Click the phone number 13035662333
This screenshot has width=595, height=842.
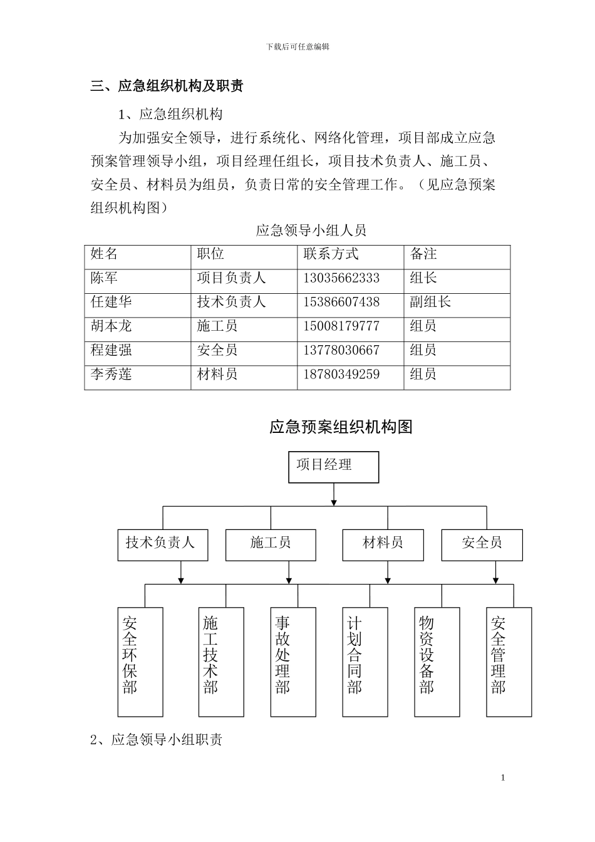point(341,278)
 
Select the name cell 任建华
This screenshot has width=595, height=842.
point(111,302)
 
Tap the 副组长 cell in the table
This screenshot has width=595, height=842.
point(430,302)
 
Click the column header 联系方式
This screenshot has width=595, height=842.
point(331,254)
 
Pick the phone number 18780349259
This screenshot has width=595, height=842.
point(341,375)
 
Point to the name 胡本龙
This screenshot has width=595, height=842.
point(111,326)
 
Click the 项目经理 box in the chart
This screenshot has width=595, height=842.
point(333,467)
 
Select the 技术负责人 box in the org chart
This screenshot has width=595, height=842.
point(162,544)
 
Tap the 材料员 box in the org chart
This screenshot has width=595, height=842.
point(383,544)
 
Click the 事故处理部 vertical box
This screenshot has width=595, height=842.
point(284,662)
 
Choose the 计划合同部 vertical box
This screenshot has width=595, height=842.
point(355,662)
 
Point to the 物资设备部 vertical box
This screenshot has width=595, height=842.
point(427,662)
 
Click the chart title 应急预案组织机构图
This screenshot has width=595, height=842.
point(341,427)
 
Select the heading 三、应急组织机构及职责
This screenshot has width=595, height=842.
point(167,86)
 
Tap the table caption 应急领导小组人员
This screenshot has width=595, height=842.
point(311,231)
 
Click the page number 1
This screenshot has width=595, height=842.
point(503,777)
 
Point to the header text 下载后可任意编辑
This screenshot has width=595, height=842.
point(297,46)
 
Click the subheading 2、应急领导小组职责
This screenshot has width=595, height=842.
point(157,740)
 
